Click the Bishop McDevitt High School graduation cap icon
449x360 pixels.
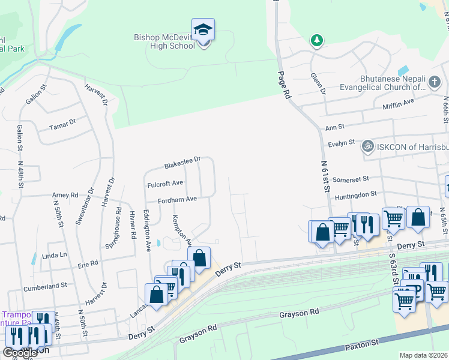tap(203, 29)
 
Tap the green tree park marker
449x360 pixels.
tap(316, 41)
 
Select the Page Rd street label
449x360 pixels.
tap(284, 86)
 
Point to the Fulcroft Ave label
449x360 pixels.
tap(165, 184)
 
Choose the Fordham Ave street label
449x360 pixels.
tap(177, 200)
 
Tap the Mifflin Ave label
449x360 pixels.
tap(399, 103)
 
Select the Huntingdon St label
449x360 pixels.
tap(355, 194)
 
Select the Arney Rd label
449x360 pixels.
tap(65, 195)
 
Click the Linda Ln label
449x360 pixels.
tap(55, 255)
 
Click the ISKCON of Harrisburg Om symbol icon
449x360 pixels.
tap(367, 146)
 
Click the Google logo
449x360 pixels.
tap(20, 353)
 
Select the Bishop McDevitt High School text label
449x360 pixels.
tap(164, 41)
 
